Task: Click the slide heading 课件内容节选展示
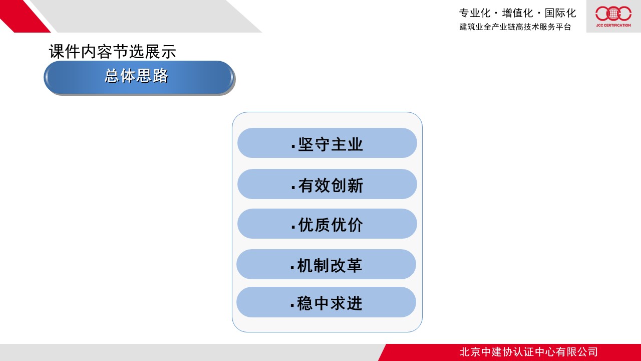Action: coord(113,52)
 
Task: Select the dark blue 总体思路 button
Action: coord(139,77)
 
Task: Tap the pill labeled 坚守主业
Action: coord(327,143)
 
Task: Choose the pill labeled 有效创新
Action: coord(327,184)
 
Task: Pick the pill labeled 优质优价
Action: coord(327,224)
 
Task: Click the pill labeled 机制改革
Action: coord(326,264)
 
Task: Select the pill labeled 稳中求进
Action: coord(326,302)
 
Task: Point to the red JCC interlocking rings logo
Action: coord(613,14)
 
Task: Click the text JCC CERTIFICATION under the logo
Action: coord(613,25)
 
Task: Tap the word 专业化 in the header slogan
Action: coord(475,13)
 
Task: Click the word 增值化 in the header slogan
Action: coord(518,13)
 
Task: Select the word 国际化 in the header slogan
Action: coord(560,13)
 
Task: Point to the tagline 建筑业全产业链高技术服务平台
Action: coord(515,27)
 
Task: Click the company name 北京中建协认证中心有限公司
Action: coord(528,352)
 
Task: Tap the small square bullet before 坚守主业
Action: coord(293,146)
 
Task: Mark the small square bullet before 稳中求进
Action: coord(292,305)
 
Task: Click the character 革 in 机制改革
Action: coord(355,265)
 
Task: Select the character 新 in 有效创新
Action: coord(356,186)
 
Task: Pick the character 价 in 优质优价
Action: coord(356,225)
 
